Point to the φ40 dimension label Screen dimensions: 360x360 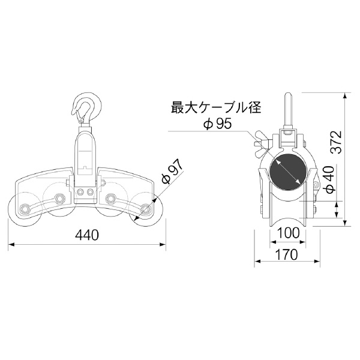(328, 179)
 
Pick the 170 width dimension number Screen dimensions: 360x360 (287, 254)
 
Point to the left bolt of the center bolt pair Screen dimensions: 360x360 (80, 191)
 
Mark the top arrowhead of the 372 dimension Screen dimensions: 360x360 (347, 95)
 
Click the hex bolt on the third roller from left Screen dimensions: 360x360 (111, 198)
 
